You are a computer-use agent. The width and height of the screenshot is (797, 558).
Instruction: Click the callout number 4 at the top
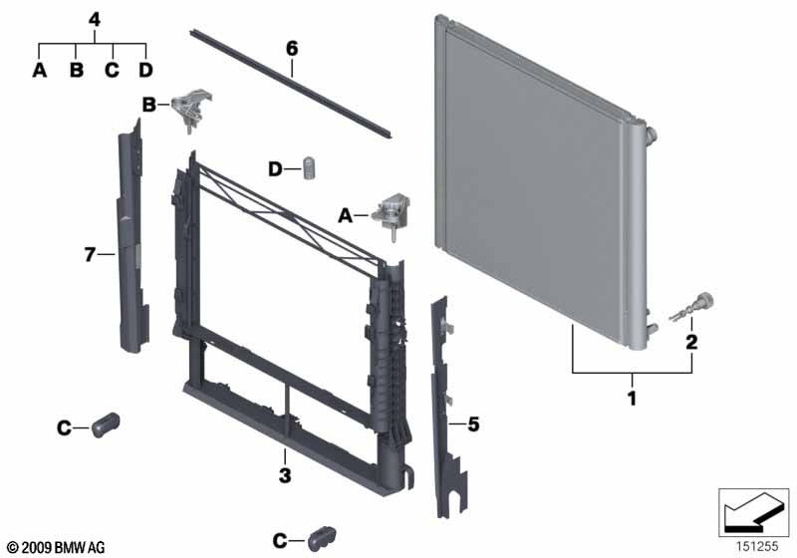pos(94,20)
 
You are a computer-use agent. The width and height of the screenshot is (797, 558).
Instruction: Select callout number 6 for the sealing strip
pos(292,49)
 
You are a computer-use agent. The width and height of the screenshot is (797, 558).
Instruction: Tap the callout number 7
pos(90,254)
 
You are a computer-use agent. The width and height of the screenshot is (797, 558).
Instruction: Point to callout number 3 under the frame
pos(285,475)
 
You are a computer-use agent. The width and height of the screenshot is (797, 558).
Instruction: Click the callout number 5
pos(473,423)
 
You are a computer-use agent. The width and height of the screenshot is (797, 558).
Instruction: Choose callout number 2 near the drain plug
pos(691,342)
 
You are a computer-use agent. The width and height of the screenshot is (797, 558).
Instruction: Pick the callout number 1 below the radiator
pos(632,398)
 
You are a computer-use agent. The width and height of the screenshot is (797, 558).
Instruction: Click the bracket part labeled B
pos(192,110)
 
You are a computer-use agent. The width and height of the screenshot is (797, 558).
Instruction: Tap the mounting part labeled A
pos(392,213)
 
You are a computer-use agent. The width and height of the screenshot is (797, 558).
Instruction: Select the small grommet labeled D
pos(310,167)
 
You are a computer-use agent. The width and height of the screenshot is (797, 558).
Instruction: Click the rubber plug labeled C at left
pos(106,424)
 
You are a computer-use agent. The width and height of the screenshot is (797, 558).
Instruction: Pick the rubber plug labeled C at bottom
pos(321,539)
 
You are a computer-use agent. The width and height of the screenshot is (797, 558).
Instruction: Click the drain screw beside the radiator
pos(693,307)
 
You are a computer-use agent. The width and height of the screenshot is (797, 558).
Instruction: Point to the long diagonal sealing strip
pos(290,84)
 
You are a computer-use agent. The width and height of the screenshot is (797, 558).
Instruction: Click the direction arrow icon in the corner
pos(753,512)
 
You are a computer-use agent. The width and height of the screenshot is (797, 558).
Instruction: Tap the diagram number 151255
pos(757,546)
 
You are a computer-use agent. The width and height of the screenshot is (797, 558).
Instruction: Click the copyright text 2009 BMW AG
pos(57,547)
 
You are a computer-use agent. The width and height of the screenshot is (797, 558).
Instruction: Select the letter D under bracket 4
pos(145,70)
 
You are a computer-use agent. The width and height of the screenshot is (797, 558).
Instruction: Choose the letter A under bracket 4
pos(39,70)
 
